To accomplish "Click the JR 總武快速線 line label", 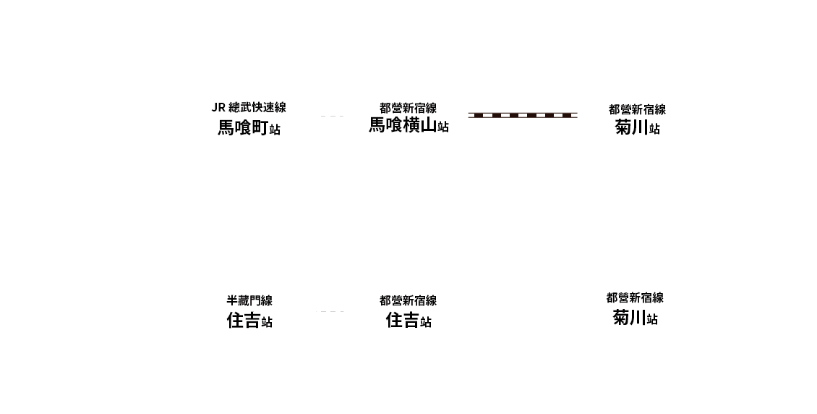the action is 249,107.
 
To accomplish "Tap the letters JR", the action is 218,108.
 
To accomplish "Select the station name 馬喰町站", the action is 249,127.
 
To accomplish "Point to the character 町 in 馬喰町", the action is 260,127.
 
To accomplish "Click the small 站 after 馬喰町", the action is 275,130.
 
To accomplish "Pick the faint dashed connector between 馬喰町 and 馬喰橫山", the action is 332,117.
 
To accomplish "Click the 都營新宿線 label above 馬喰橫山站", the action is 408,108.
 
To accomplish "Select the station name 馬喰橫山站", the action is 409,126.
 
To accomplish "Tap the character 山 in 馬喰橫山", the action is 429,125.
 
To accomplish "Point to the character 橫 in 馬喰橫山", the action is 411,125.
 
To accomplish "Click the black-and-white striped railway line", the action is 523,115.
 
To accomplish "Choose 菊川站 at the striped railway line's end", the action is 637,127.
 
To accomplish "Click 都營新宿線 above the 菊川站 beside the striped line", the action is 637,109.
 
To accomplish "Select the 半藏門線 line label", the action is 249,301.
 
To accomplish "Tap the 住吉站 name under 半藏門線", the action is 249,320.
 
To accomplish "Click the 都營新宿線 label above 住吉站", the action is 408,301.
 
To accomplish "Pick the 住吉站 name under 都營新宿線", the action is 409,320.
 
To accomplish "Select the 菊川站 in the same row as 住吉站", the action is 635,318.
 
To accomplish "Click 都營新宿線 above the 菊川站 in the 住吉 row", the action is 635,297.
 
